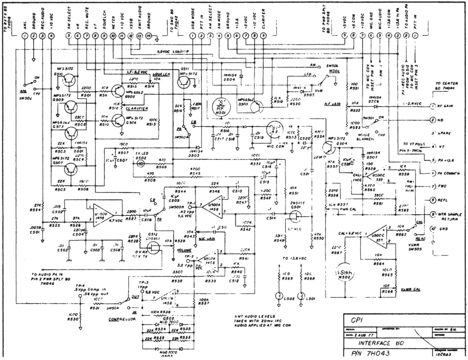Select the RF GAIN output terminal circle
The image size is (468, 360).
pyautogui.click(x=432, y=106)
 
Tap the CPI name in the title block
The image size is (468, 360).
pyautogui.click(x=355, y=321)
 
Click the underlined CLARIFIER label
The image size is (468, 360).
pyautogui.click(x=137, y=108)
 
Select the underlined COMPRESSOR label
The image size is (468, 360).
pyautogui.click(x=122, y=319)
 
